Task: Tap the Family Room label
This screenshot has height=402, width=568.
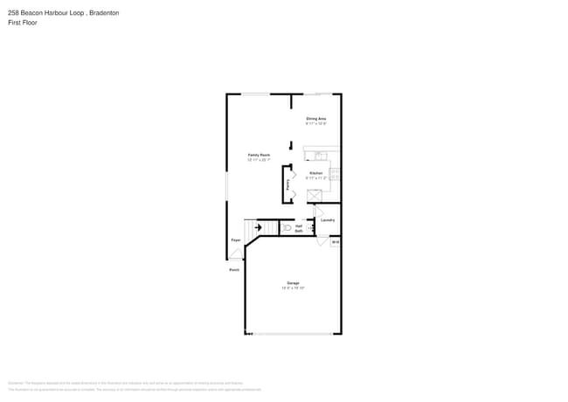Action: pos(259,155)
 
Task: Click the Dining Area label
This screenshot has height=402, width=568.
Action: pos(316,118)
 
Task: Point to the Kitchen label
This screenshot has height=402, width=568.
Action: pos(315,173)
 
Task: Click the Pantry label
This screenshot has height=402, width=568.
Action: pos(288,184)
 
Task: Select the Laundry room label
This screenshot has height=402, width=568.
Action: pos(328,219)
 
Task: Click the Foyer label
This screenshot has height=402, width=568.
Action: pos(236,239)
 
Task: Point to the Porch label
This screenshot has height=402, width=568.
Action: pos(234,270)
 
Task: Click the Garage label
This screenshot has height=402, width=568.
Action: pos(293,282)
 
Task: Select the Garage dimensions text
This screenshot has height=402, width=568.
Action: pos(293,288)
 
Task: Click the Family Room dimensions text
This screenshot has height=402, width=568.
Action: pos(259,160)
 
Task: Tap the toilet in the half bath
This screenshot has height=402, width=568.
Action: pos(287,227)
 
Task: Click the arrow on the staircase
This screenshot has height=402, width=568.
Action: pos(258,228)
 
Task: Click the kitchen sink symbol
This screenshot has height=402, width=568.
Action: pos(320,156)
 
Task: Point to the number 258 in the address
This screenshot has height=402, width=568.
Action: pos(13,13)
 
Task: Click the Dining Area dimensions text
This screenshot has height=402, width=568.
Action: pos(316,123)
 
